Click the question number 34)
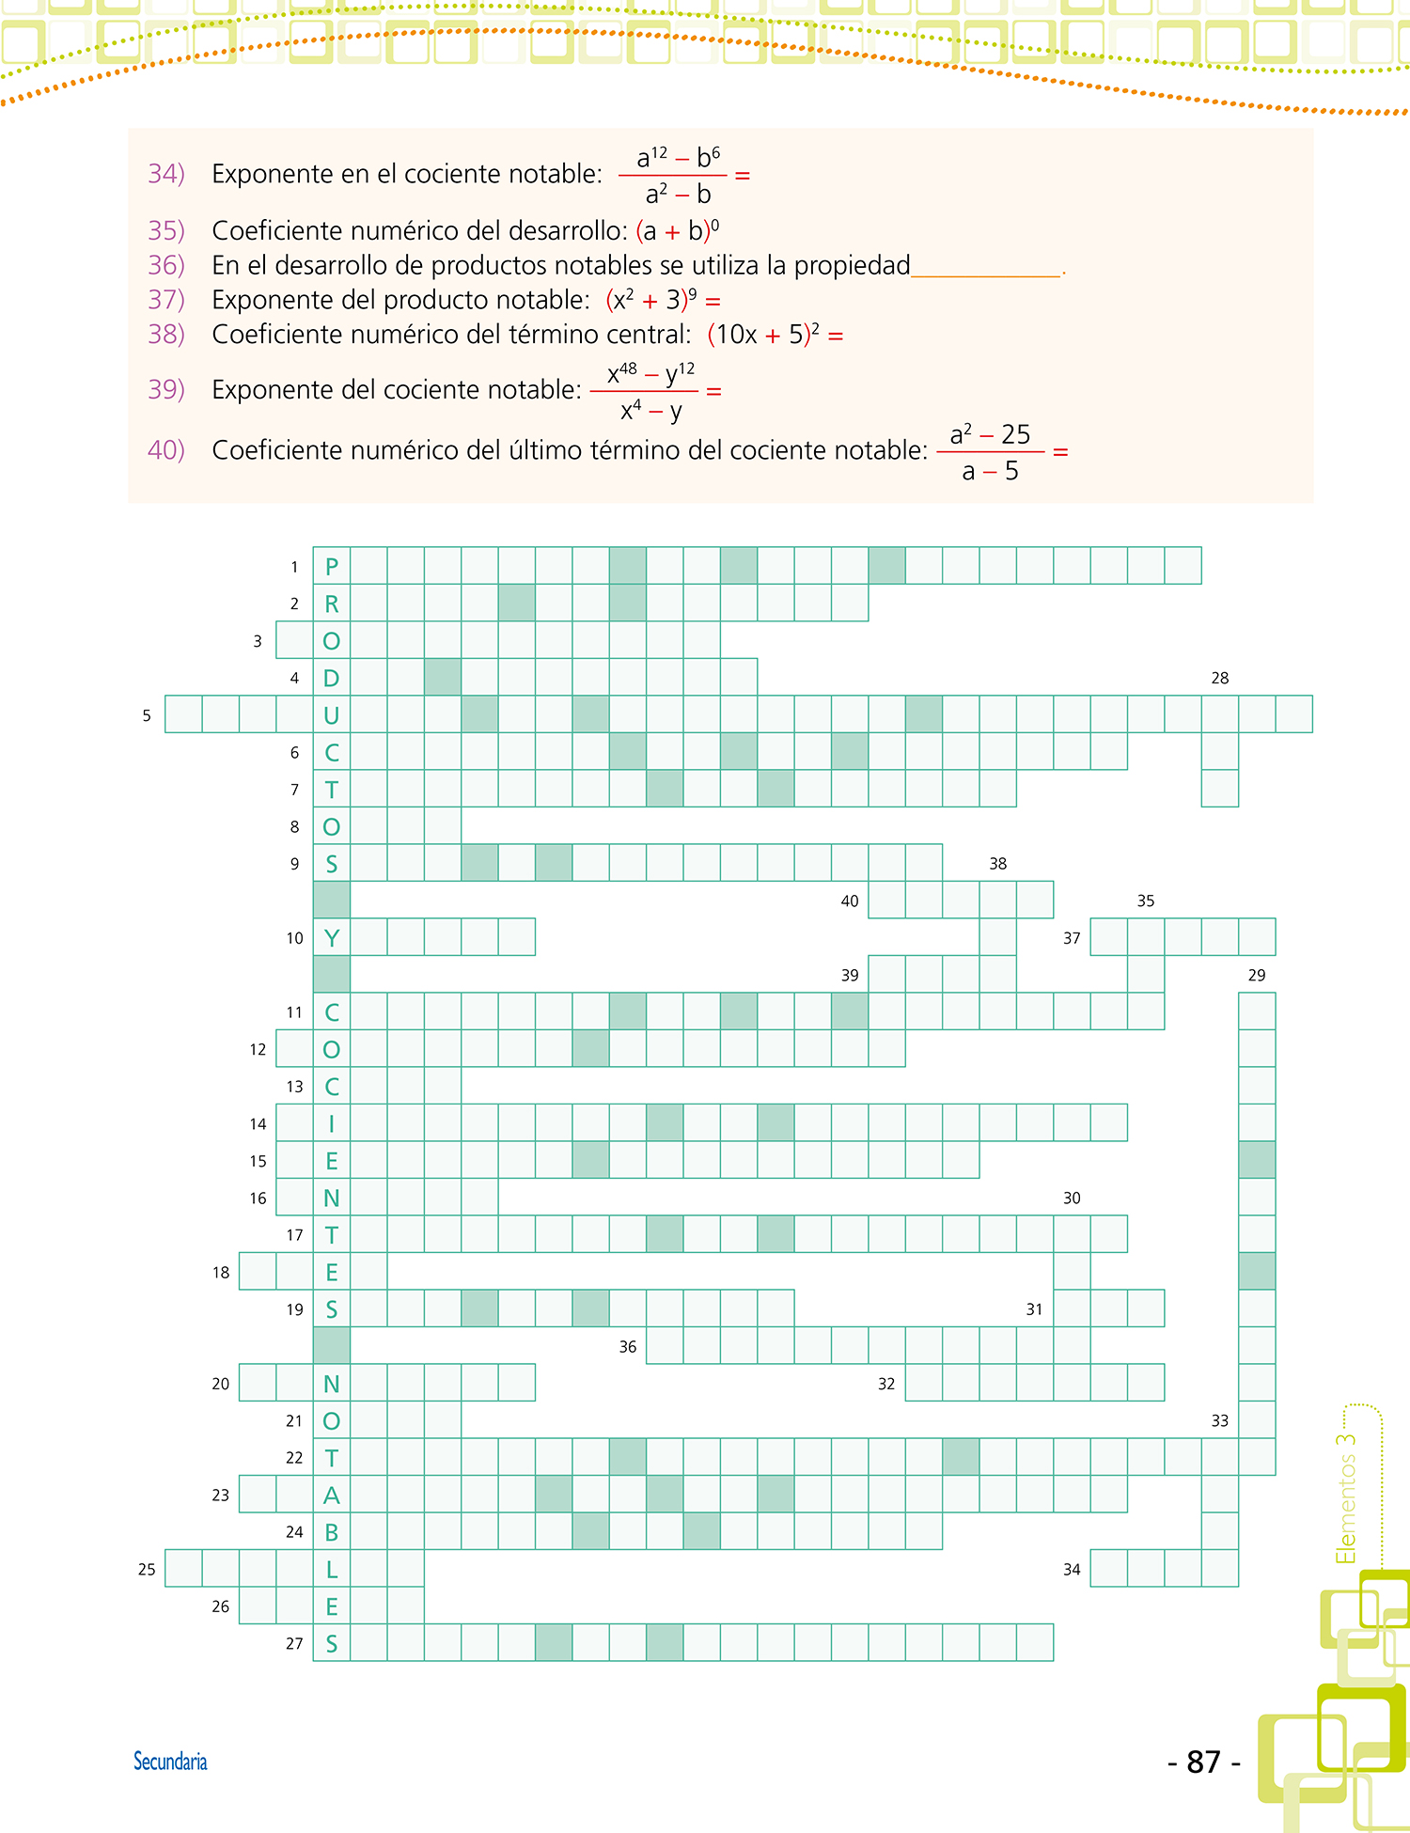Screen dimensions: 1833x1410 (166, 174)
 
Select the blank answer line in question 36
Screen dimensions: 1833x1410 (986, 273)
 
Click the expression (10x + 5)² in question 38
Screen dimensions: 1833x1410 (763, 335)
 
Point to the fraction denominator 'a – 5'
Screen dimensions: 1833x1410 (990, 471)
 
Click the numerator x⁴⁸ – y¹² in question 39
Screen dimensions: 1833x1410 (650, 373)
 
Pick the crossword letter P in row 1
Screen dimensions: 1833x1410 (331, 567)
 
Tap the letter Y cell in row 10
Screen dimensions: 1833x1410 (331, 938)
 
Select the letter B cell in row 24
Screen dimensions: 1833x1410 (331, 1532)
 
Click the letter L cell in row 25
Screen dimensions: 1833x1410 (331, 1569)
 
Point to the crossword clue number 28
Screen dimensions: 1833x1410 (1219, 678)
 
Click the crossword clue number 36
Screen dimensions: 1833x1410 (628, 1347)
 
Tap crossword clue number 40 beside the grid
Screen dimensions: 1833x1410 (850, 901)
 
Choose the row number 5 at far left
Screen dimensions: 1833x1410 (147, 716)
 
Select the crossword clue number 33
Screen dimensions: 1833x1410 (1219, 1421)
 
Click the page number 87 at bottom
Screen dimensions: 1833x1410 (1203, 1762)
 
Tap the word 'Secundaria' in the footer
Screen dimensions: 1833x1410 (170, 1762)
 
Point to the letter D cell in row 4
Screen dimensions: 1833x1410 (331, 679)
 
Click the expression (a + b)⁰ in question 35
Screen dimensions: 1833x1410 (677, 231)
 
